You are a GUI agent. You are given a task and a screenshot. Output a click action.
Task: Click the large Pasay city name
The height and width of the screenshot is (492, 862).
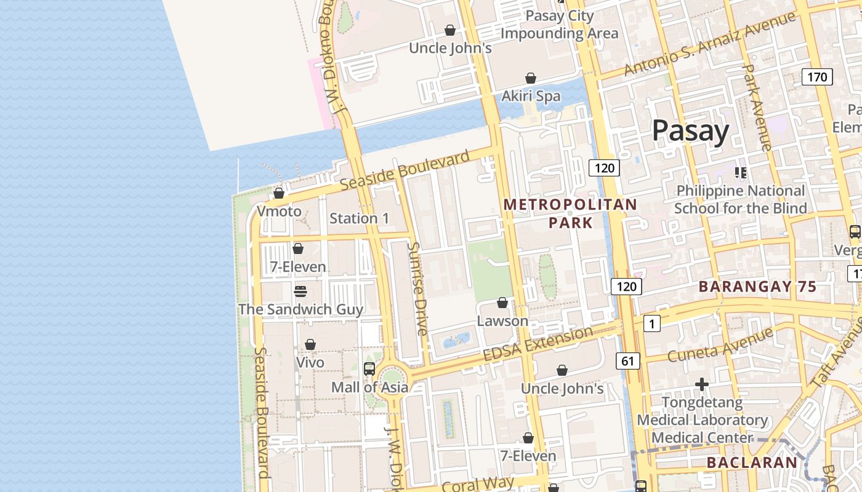tap(690, 131)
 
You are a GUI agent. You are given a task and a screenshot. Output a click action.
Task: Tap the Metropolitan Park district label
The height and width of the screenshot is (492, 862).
tap(571, 213)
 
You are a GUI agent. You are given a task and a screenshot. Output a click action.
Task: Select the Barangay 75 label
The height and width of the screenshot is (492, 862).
tap(757, 287)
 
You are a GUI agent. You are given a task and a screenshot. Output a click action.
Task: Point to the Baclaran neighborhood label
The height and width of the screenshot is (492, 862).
tap(752, 462)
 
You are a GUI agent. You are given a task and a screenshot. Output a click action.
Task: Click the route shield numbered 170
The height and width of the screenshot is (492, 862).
tap(817, 77)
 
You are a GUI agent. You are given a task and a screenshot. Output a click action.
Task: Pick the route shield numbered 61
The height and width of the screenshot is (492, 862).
tap(627, 361)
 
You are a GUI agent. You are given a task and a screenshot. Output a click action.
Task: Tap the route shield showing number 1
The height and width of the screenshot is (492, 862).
tap(651, 323)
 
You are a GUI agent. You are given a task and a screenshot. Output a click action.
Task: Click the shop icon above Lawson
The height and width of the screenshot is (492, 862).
tap(502, 303)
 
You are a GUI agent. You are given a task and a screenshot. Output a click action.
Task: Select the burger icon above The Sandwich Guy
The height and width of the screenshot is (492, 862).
tap(300, 291)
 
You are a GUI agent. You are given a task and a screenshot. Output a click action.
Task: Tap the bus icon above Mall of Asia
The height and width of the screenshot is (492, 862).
tap(369, 369)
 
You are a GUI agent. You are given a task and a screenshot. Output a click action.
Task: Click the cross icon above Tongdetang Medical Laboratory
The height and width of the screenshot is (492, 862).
tap(701, 385)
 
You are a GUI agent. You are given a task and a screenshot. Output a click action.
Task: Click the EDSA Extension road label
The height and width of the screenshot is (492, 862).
tap(538, 345)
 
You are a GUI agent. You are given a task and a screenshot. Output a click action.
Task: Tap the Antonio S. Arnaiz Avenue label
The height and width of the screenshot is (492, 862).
tap(709, 44)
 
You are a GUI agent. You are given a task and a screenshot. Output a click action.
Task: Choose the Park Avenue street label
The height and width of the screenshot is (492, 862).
tap(757, 108)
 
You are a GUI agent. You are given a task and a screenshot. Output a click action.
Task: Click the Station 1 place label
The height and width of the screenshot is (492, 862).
tap(359, 218)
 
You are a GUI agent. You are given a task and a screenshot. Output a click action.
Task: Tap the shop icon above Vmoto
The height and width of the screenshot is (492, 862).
tap(279, 193)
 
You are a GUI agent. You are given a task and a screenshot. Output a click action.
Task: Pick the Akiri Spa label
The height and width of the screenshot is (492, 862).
tap(531, 96)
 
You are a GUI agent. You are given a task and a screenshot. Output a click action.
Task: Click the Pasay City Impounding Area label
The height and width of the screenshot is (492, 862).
tap(559, 25)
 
